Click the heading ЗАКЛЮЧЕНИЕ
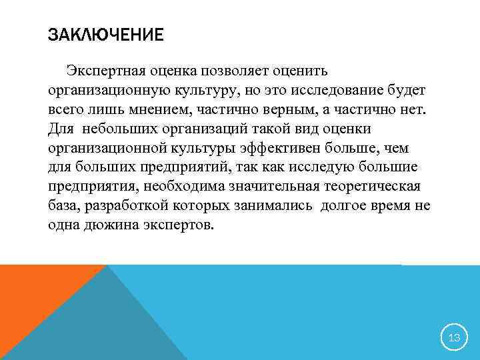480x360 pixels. pos(105,35)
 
